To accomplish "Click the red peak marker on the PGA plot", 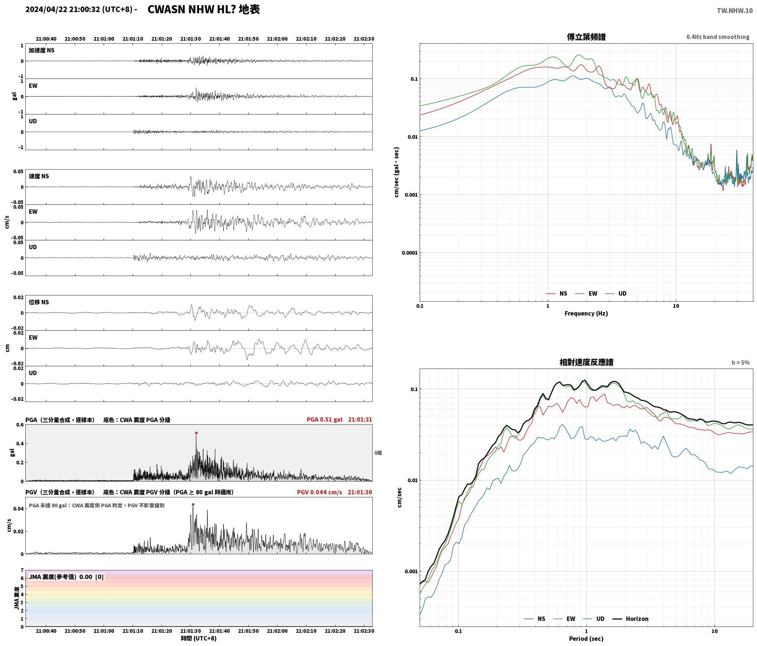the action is click(196, 433).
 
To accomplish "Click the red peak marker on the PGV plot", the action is click(193, 505).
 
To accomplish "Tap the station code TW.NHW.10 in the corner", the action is click(735, 11).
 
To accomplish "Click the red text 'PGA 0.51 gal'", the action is click(324, 420).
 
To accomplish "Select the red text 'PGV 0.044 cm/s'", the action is click(319, 492).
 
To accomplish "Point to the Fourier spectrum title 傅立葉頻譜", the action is click(586, 37).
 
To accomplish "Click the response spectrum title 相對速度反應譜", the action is click(586, 362).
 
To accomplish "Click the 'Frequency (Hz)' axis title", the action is click(586, 313).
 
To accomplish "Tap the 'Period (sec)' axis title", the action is click(586, 639).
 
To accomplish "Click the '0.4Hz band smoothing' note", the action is click(718, 37).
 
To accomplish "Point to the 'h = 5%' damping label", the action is click(740, 363).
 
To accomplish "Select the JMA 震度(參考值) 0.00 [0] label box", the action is click(66, 577).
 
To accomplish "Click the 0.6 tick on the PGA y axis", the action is click(19, 425).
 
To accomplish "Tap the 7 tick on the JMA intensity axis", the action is click(22, 570).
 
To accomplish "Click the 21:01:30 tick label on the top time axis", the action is click(190, 39).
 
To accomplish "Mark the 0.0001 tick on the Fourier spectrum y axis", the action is click(409, 253).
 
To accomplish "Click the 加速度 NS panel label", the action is click(42, 50).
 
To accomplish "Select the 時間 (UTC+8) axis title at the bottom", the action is click(199, 638).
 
